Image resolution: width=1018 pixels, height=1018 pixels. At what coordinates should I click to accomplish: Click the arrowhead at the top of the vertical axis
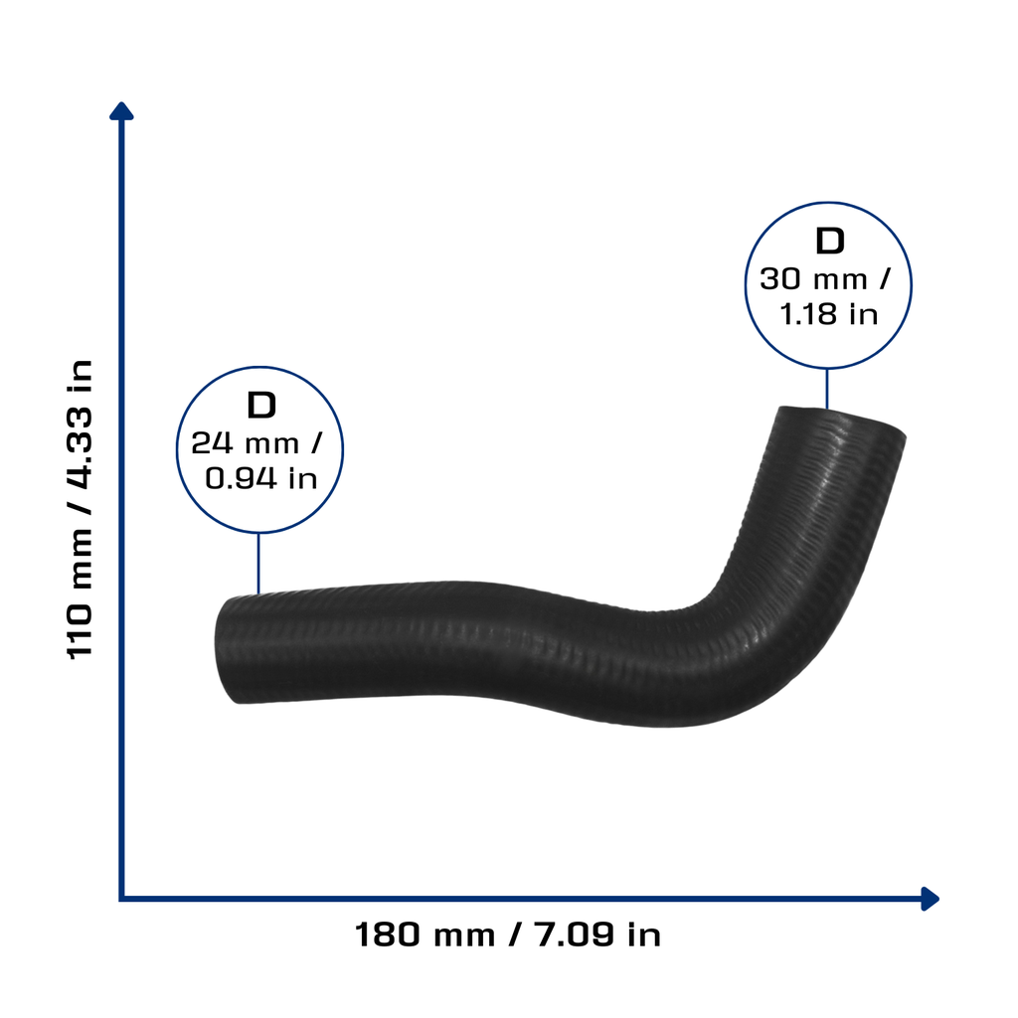coord(121,111)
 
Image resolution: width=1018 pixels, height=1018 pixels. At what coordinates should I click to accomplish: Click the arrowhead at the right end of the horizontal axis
coord(931,899)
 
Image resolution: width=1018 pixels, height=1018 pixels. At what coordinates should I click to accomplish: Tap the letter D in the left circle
coord(261,406)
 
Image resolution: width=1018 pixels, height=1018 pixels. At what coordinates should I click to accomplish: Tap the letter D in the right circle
coord(830,241)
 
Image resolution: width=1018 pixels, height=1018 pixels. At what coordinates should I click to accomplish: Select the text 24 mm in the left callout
coord(245,443)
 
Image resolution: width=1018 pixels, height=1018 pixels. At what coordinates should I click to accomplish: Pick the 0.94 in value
coord(261,478)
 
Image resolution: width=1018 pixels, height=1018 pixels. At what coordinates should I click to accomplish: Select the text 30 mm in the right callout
coord(813,279)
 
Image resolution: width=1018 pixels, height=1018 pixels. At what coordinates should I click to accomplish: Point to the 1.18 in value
coord(829,314)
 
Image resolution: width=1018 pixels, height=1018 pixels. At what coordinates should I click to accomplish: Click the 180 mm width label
coord(424,934)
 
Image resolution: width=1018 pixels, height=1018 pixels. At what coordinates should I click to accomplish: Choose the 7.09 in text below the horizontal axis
coord(597,934)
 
